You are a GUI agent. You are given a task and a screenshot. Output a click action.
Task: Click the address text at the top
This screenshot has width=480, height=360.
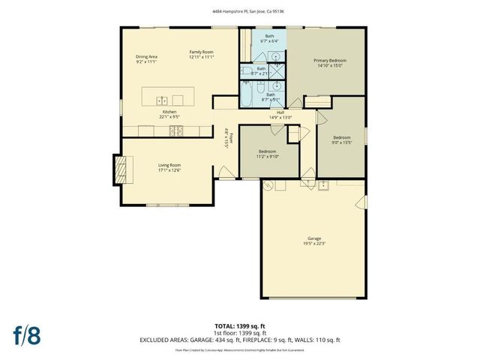[x=240, y=10]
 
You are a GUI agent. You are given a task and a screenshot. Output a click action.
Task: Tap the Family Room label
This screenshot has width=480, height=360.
[x=202, y=54]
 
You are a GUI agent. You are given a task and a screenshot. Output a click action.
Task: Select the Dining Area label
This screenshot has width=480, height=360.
[x=146, y=58]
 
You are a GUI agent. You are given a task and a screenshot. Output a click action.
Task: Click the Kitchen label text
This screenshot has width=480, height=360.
[x=168, y=113]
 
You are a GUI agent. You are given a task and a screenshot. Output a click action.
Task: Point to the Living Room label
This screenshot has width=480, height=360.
[x=169, y=167]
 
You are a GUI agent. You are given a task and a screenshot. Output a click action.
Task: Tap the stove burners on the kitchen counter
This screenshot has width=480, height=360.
[x=178, y=130]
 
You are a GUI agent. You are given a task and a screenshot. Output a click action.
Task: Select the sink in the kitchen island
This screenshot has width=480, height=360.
[x=161, y=100]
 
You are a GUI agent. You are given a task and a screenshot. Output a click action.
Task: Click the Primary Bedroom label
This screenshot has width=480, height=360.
[x=330, y=62]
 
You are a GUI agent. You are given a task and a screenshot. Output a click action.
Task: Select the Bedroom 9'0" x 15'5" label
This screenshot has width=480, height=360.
[x=341, y=140]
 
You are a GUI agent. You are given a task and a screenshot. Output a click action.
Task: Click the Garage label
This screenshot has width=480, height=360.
[x=313, y=241]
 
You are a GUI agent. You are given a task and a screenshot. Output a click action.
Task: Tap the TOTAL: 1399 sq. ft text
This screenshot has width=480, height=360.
[x=240, y=326]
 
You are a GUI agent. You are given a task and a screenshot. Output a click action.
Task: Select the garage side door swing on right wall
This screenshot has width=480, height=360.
[x=362, y=201]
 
